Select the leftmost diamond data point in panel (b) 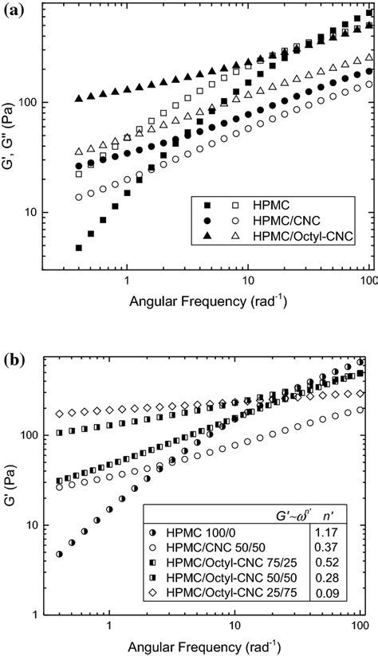click(x=59, y=414)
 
